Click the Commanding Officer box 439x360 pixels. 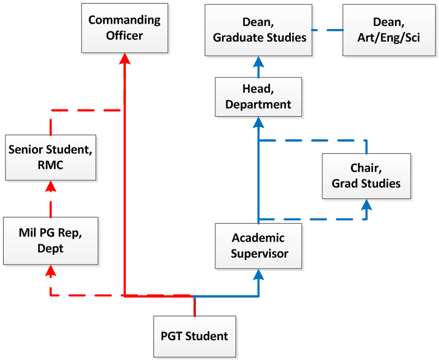tap(125, 28)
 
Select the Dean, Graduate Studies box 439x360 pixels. tap(258, 30)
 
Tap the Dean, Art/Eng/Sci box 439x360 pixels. tap(389, 30)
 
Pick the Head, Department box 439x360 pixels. tap(258, 97)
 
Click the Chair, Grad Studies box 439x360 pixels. tap(366, 176)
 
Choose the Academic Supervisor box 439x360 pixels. tap(258, 246)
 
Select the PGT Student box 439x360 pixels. tap(195, 336)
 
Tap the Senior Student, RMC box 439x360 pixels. tap(51, 157)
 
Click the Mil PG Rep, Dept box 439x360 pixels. tap(51, 241)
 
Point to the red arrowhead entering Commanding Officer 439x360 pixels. tap(125, 59)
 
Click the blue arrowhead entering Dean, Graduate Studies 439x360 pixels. tap(258, 62)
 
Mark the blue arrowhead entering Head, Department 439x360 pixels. tap(258, 122)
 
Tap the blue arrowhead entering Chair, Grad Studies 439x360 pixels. tap(366, 205)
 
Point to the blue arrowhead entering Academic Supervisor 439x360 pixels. tap(258, 275)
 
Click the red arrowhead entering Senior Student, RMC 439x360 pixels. tap(51, 186)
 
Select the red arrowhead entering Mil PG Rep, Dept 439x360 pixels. tap(51, 270)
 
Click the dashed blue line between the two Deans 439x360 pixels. tap(328, 30)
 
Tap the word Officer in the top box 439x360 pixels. tap(125, 36)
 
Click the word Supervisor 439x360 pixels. tap(259, 254)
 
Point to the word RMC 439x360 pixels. tap(50, 165)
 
